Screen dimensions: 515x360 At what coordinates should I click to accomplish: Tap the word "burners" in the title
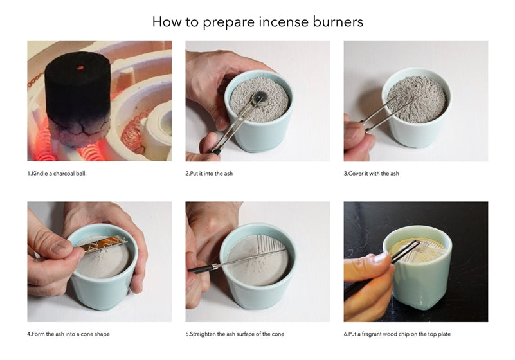click(x=338, y=22)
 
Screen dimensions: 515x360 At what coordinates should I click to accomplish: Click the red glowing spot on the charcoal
click(x=80, y=68)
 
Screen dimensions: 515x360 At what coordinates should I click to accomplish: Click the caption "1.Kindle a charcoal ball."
click(x=57, y=174)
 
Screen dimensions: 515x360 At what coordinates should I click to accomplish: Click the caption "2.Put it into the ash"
click(x=209, y=174)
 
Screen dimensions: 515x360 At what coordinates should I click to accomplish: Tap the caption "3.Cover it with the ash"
click(x=372, y=174)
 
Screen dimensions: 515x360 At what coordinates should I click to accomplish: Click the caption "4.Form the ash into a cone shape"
click(x=68, y=334)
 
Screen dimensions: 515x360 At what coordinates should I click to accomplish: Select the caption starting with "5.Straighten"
click(x=235, y=334)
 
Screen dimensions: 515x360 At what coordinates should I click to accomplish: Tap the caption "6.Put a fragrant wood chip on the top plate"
click(x=397, y=334)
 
